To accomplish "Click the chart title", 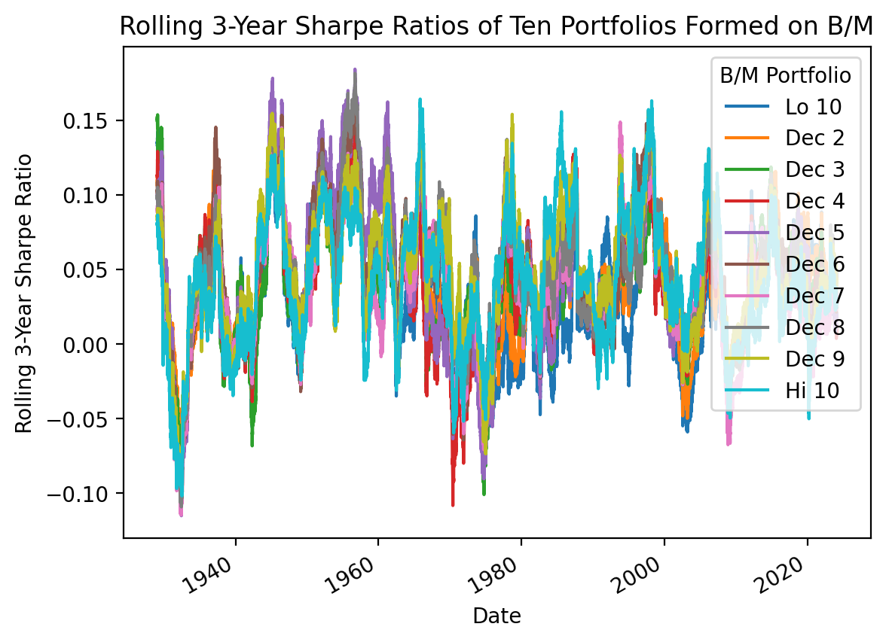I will [496, 26].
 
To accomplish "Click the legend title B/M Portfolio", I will [786, 75].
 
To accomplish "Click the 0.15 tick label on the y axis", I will [87, 120].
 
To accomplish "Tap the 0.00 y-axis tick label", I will [87, 344].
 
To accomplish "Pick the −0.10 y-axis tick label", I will [81, 493].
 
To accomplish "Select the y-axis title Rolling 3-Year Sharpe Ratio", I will [24, 294].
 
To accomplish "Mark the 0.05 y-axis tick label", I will [87, 269].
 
